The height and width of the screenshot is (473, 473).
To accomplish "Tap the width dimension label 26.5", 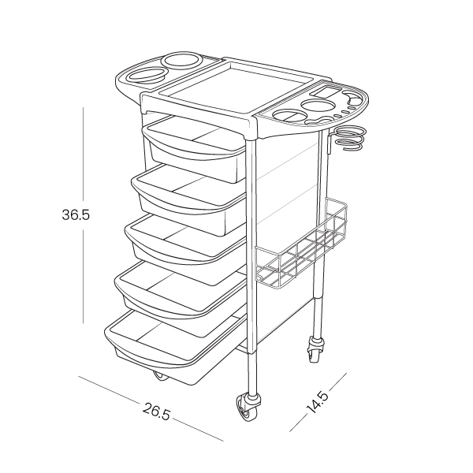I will point(156,412).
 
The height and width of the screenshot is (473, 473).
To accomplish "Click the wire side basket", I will point(302,247).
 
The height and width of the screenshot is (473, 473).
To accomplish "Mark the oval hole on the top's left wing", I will point(143,76).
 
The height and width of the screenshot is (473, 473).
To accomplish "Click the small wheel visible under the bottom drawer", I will point(162,375).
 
